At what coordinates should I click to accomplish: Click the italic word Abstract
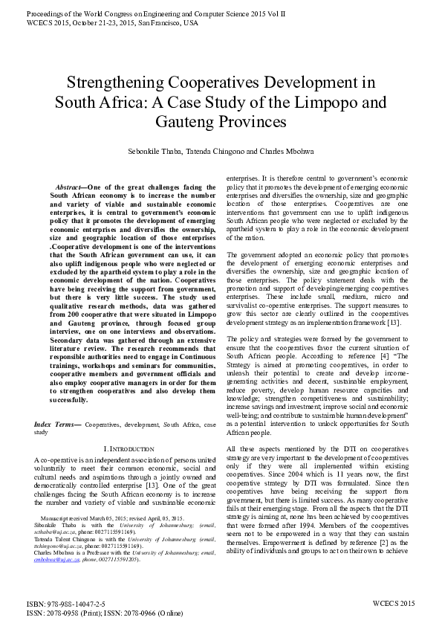tap(68, 187)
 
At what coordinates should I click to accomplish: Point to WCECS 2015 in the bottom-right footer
tap(394, 604)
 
